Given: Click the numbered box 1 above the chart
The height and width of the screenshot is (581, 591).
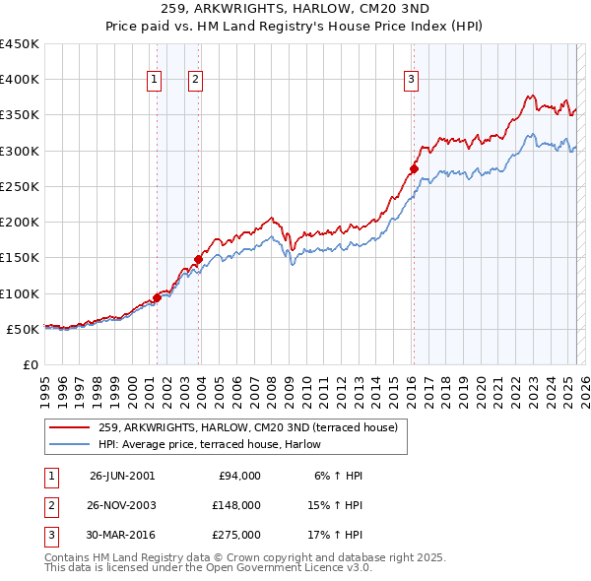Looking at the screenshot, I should point(155,81).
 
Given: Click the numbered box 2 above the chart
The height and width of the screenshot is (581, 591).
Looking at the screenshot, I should point(195,81).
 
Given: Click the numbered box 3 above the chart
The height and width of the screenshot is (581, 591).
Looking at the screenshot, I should point(411,81).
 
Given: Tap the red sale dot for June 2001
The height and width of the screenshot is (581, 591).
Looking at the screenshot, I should point(158,297).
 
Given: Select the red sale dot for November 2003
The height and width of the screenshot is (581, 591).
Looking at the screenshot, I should point(198,260).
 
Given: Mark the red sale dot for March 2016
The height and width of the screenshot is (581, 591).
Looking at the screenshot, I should point(414,169).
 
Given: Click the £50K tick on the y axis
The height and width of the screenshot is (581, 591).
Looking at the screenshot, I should point(23,329).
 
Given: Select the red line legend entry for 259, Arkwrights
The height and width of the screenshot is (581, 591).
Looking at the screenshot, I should point(247,427).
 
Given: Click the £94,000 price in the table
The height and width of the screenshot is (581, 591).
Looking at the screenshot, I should point(238,476).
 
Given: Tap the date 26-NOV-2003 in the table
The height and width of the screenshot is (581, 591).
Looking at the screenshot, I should point(122,504).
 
